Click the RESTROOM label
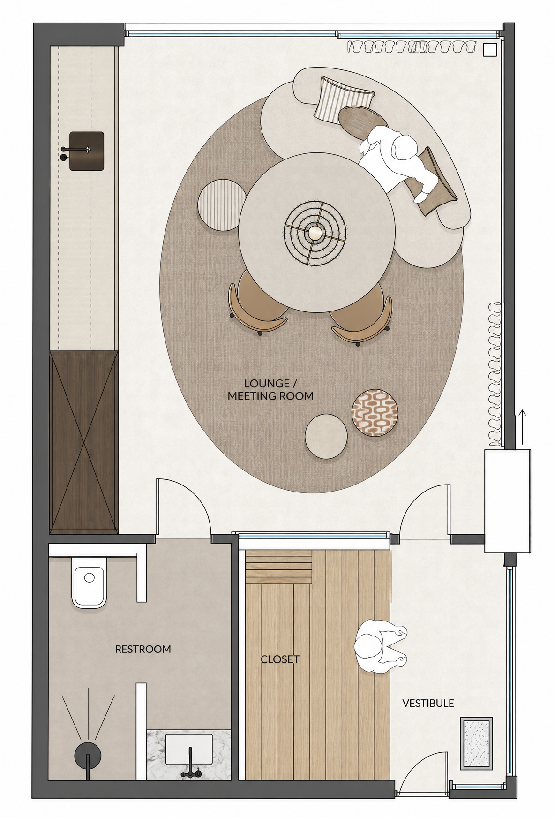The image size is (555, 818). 143,649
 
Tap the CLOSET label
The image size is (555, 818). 280,659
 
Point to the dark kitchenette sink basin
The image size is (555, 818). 87,151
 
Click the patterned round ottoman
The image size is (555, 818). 375,413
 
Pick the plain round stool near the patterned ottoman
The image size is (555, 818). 326,436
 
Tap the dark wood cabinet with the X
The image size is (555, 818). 83,442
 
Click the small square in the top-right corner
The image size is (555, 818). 489,49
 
